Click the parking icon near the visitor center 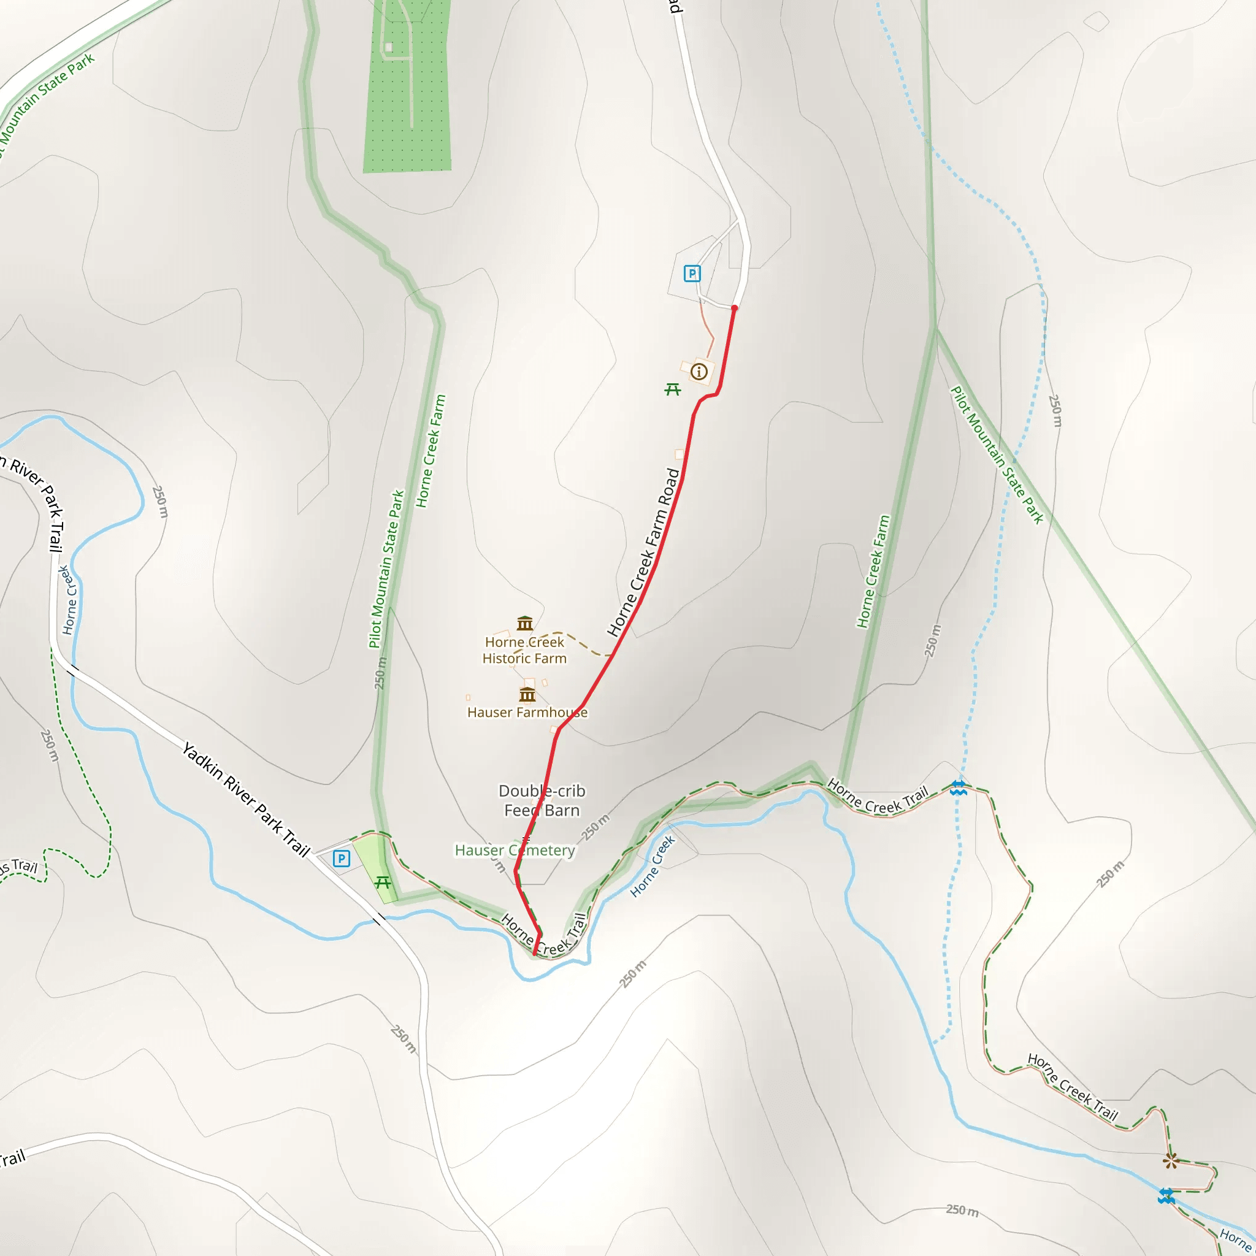pos(692,274)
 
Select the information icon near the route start pos(699,372)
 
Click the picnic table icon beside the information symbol pos(673,389)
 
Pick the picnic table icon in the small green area pos(383,882)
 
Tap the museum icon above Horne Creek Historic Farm pos(524,624)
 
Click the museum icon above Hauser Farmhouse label pos(527,694)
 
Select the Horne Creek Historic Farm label pos(524,650)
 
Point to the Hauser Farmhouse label pos(527,713)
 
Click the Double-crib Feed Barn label pos(542,800)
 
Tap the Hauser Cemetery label pos(515,851)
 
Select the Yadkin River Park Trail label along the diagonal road pos(246,800)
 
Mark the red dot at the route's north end pos(735,308)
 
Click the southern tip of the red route pos(534,954)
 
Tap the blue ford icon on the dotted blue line pos(957,789)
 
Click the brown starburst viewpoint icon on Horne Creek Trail pos(1171,1160)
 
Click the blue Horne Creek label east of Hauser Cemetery pos(653,867)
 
